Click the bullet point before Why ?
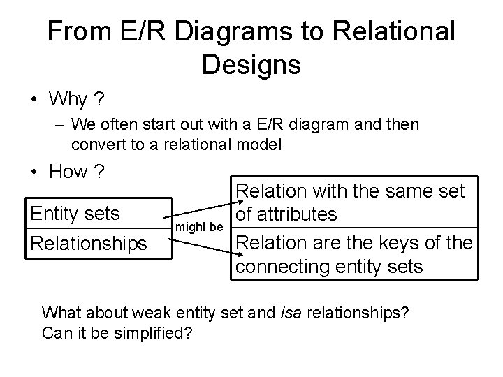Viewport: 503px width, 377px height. point(34,100)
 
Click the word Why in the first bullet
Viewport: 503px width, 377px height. point(68,100)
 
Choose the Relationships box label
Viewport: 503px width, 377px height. point(87,244)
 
